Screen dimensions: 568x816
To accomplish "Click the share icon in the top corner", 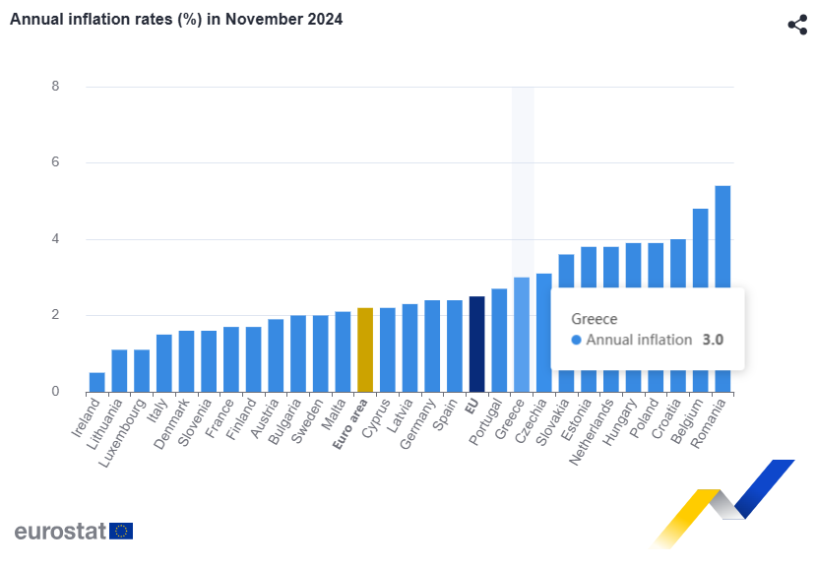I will coord(797,26).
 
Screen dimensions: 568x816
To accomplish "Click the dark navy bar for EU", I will coord(476,344).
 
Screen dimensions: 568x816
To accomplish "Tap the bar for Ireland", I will coord(97,382).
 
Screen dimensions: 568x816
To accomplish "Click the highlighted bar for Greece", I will coord(522,335).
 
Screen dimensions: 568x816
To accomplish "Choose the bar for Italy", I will coord(164,363).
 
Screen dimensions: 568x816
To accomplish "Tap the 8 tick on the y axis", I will coord(56,87).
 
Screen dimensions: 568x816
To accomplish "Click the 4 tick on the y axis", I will coord(56,239).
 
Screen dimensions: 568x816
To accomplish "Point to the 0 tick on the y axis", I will coord(56,392).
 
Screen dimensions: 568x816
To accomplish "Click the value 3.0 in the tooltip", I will coord(713,340).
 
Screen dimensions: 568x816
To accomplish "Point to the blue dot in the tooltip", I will coord(577,340).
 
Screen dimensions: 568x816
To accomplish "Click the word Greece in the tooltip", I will coord(594,319).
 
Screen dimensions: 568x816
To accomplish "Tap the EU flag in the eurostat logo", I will coord(121,531).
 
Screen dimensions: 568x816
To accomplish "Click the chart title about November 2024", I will coord(176,19).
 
